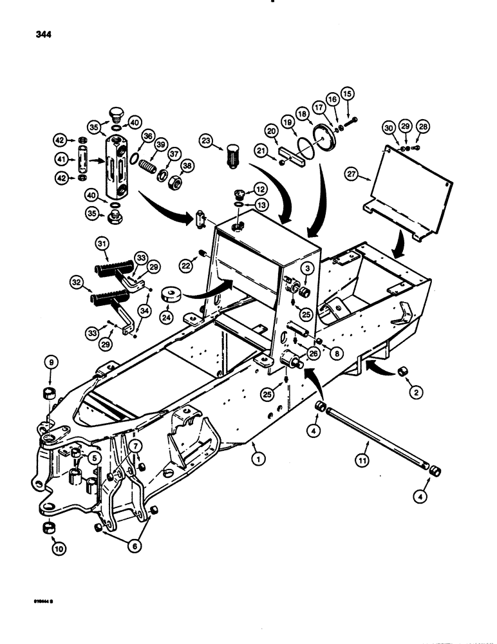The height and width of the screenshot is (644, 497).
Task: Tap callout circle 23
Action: click(x=206, y=141)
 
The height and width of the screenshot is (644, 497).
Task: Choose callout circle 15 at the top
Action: click(x=348, y=93)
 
